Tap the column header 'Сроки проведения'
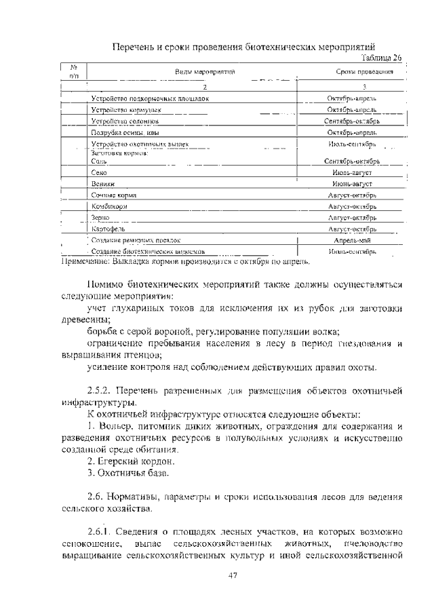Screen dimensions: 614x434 tap(365, 71)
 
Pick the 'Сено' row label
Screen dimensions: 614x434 tap(98, 173)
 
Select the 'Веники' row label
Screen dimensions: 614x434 tap(102, 184)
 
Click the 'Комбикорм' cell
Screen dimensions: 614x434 tap(108, 206)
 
